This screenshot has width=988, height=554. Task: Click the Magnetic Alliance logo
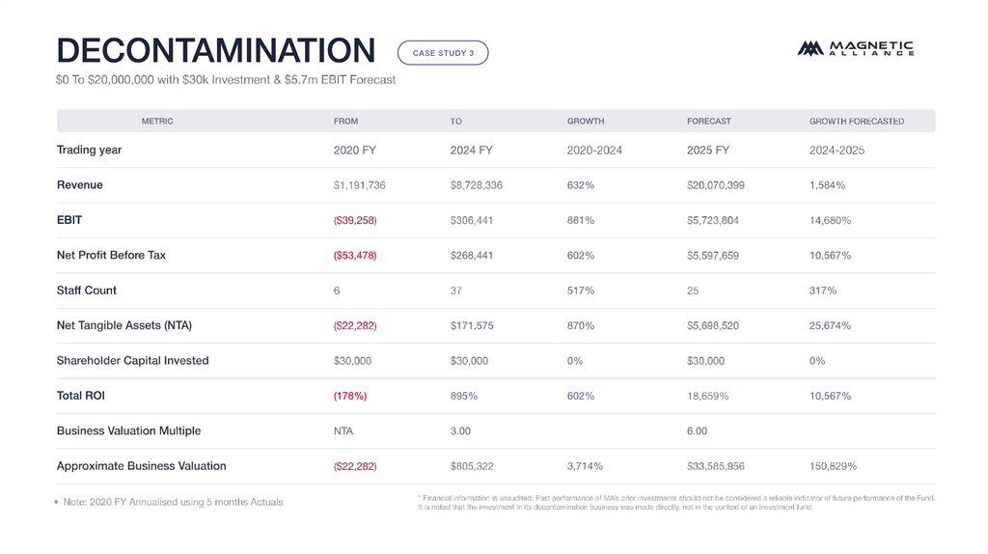point(855,48)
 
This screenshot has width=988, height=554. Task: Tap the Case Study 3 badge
point(443,53)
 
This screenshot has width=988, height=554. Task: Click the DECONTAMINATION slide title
point(215,50)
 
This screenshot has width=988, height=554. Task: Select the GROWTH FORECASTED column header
point(856,122)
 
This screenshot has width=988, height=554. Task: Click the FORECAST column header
point(708,122)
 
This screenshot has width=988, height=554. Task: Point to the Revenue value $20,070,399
point(715,185)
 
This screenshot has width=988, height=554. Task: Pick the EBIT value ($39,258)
point(354,220)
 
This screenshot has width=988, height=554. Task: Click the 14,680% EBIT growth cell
point(830,220)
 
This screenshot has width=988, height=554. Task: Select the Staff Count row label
point(86,291)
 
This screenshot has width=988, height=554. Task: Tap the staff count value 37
point(456,291)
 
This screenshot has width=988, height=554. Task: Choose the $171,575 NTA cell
point(472,326)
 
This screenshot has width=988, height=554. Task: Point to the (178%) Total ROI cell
point(349,396)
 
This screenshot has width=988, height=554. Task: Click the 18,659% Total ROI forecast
point(707,396)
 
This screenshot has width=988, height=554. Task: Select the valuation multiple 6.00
point(697,431)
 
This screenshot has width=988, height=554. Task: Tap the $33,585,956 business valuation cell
point(715,466)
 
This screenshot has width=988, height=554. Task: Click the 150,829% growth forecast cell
point(833,466)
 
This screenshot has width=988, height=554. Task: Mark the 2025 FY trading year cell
point(707,151)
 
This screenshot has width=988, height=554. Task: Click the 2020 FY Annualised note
point(173,502)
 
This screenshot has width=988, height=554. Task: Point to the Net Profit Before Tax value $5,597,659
point(712,256)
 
